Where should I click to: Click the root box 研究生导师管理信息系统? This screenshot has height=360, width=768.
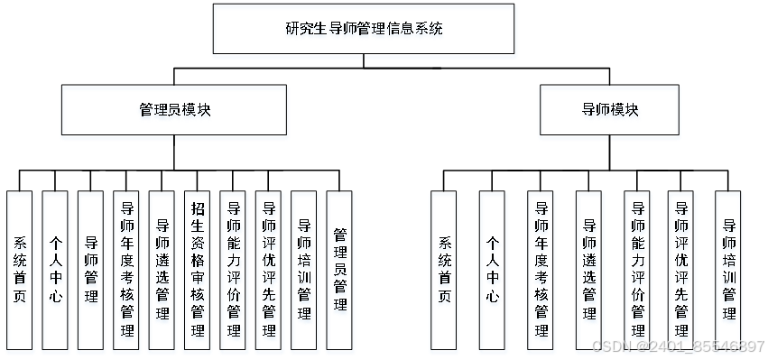364,29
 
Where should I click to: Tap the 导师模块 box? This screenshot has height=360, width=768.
609,109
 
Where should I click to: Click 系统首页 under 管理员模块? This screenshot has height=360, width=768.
19,270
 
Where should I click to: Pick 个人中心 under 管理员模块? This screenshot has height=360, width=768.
54,270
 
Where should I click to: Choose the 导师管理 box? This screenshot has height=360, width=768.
90,270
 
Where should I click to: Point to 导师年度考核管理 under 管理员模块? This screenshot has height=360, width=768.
126,270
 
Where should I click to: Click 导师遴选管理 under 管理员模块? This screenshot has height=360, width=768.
162,270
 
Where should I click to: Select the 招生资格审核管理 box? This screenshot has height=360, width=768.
197,270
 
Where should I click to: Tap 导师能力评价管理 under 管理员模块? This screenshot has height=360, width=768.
233,270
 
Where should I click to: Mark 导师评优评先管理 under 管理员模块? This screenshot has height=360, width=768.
268,270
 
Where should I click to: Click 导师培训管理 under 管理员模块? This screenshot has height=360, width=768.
303,270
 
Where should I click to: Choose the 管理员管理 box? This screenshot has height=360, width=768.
338,270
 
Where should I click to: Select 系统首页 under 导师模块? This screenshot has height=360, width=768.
444,270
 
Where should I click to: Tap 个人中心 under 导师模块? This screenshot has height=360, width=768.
492,270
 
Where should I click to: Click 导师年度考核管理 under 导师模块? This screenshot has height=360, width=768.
540,270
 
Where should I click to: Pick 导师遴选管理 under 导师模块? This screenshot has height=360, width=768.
588,270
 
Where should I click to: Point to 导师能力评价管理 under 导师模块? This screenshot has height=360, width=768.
637,270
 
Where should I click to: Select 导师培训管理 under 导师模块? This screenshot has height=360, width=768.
728,270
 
